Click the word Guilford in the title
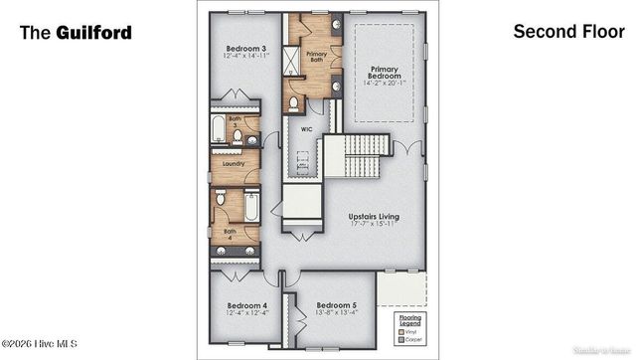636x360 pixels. [x=97, y=32]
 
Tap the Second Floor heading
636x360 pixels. [x=561, y=31]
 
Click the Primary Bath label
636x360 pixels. [x=317, y=56]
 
